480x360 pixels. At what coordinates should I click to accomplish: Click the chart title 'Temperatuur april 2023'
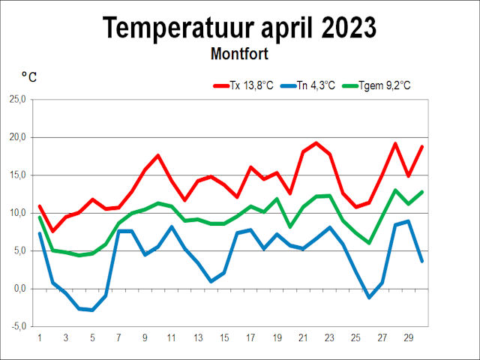[x=239, y=28]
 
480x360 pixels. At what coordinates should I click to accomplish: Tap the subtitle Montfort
[x=239, y=54]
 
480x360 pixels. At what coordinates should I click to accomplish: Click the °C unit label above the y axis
[x=29, y=76]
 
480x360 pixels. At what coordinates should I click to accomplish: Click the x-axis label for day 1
[x=39, y=338]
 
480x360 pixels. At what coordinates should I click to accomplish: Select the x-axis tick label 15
[x=223, y=338]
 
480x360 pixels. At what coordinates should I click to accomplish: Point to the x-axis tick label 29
[x=408, y=338]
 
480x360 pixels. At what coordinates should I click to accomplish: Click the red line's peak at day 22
[x=316, y=142]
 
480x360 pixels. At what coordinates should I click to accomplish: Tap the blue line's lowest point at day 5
[x=91, y=310]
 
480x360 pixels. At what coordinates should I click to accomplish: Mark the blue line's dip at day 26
[x=368, y=298]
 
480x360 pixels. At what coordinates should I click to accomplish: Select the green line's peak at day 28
[x=395, y=190]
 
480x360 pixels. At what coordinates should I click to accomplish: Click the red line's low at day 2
[x=52, y=231]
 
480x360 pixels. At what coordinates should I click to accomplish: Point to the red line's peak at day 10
[x=157, y=155]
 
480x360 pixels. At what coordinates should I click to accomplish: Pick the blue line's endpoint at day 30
[x=421, y=261]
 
